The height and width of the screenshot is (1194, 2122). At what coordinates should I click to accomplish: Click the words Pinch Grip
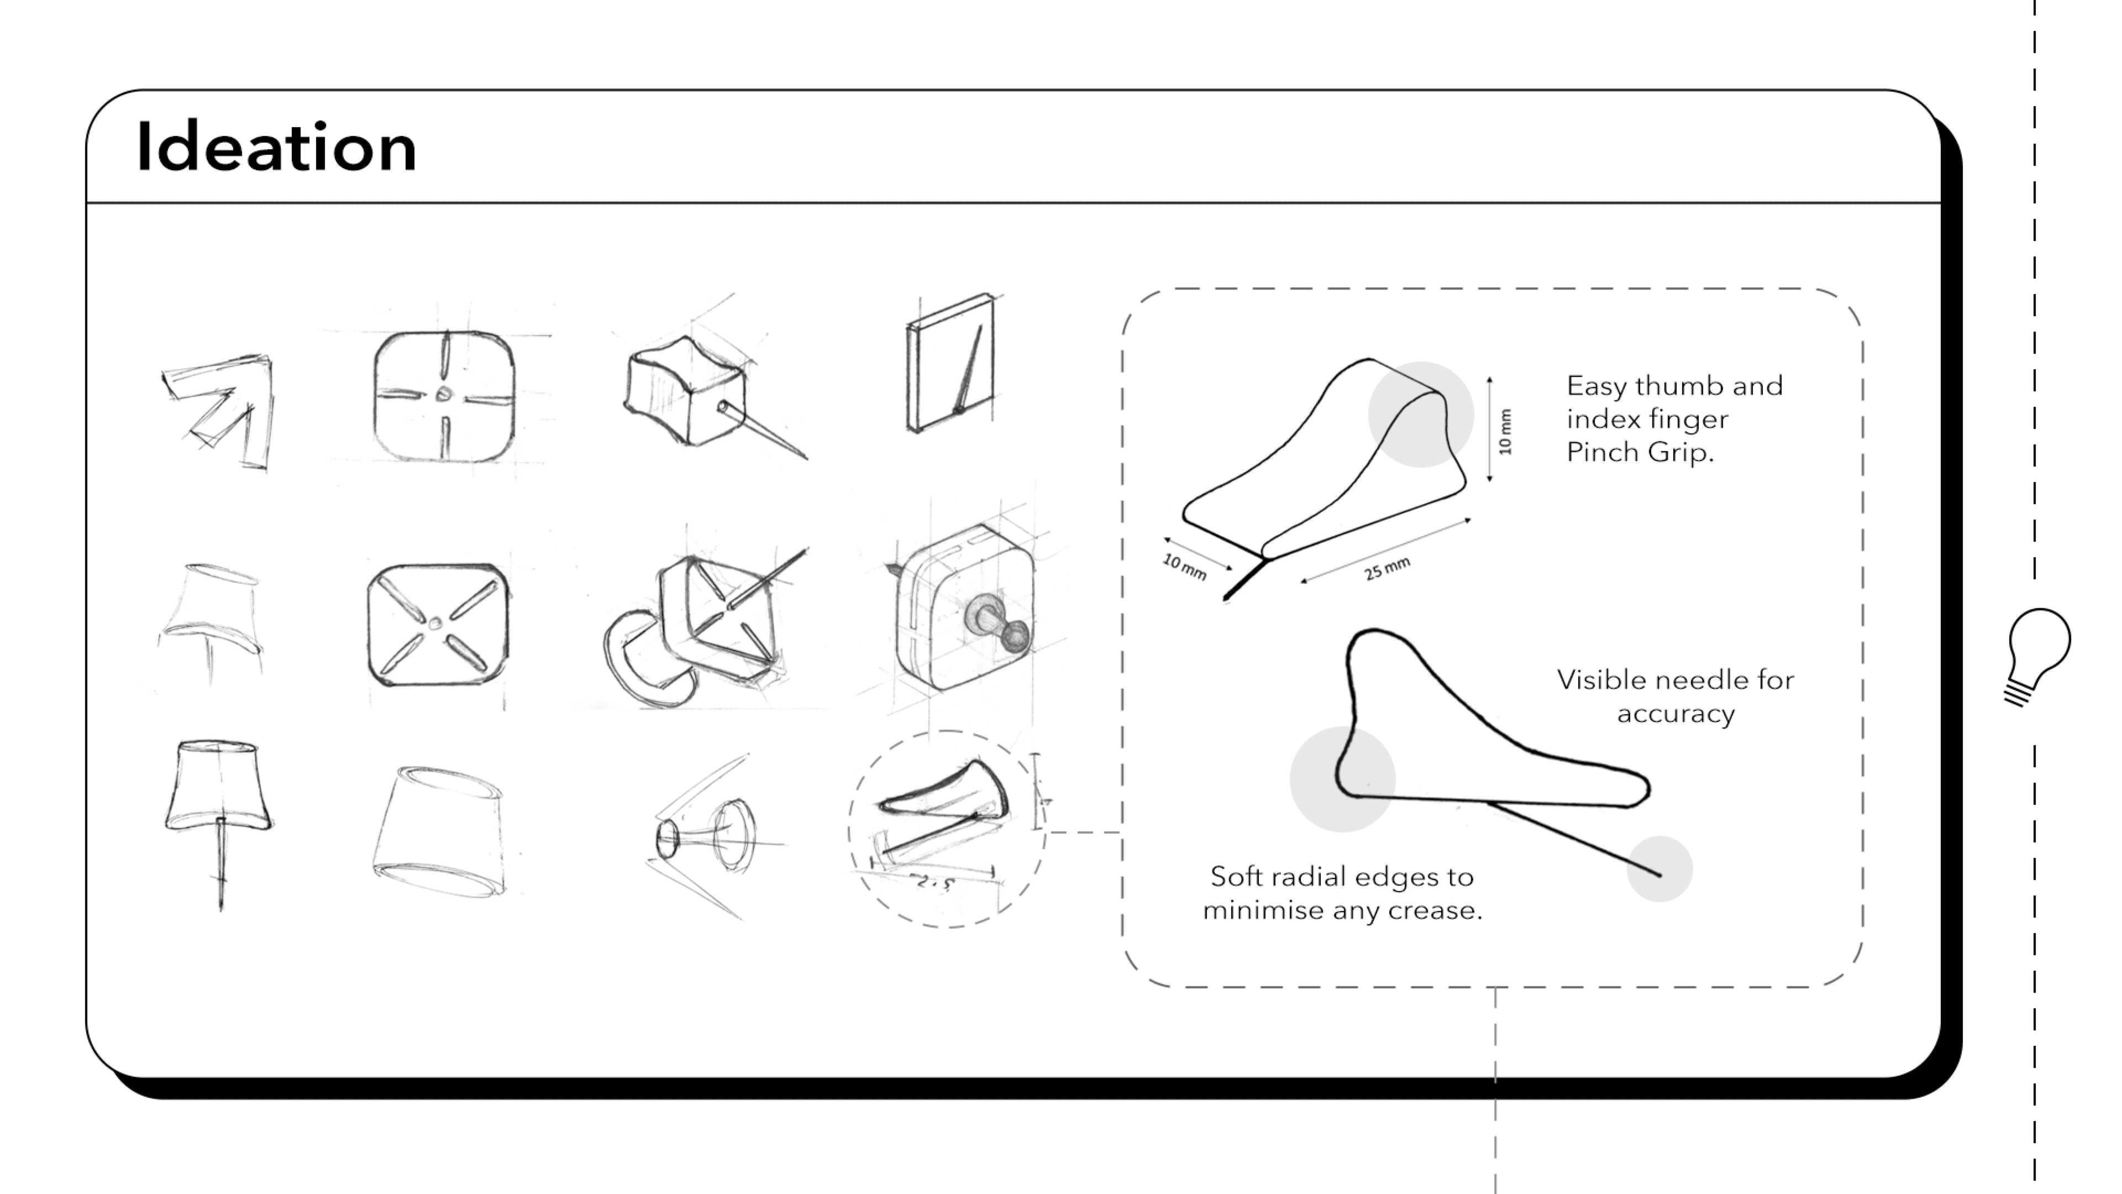click(x=1639, y=452)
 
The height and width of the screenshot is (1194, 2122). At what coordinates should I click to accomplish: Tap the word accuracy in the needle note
click(x=1675, y=714)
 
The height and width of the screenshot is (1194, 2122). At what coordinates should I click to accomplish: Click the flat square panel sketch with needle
click(x=950, y=363)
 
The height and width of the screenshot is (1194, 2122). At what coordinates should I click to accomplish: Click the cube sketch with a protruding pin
click(x=692, y=396)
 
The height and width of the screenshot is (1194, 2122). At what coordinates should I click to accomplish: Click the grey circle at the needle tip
click(x=1659, y=870)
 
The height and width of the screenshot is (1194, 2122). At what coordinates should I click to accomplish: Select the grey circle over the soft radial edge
click(x=1342, y=779)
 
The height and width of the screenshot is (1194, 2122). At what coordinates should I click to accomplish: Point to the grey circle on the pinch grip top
click(x=1420, y=413)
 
